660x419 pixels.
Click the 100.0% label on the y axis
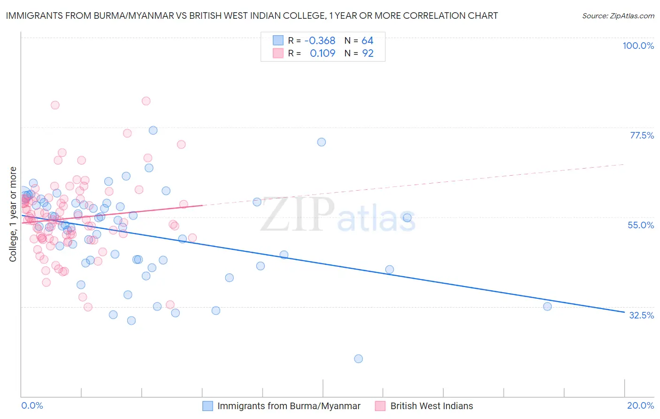[x=638, y=46]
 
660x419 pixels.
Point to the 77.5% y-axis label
[x=642, y=135]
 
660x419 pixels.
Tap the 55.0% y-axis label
[x=641, y=225]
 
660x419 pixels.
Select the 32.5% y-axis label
[x=641, y=315]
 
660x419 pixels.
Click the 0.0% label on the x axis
[x=32, y=405]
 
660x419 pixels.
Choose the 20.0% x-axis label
[x=640, y=405]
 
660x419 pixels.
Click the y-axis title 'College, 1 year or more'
[x=13, y=214]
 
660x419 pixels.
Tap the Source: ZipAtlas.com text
[x=618, y=16]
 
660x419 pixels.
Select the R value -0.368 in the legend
[x=320, y=41]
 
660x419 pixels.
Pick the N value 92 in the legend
[x=368, y=54]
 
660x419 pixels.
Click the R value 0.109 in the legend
[x=322, y=54]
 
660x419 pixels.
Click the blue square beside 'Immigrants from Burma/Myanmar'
[x=207, y=406]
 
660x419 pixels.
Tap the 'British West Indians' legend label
[x=431, y=406]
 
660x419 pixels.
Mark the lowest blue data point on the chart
[x=358, y=359]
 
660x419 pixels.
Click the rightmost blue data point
[x=547, y=307]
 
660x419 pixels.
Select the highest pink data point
[x=146, y=101]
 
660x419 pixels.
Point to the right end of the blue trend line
[x=624, y=312]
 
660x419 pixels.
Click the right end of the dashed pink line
[x=624, y=164]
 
